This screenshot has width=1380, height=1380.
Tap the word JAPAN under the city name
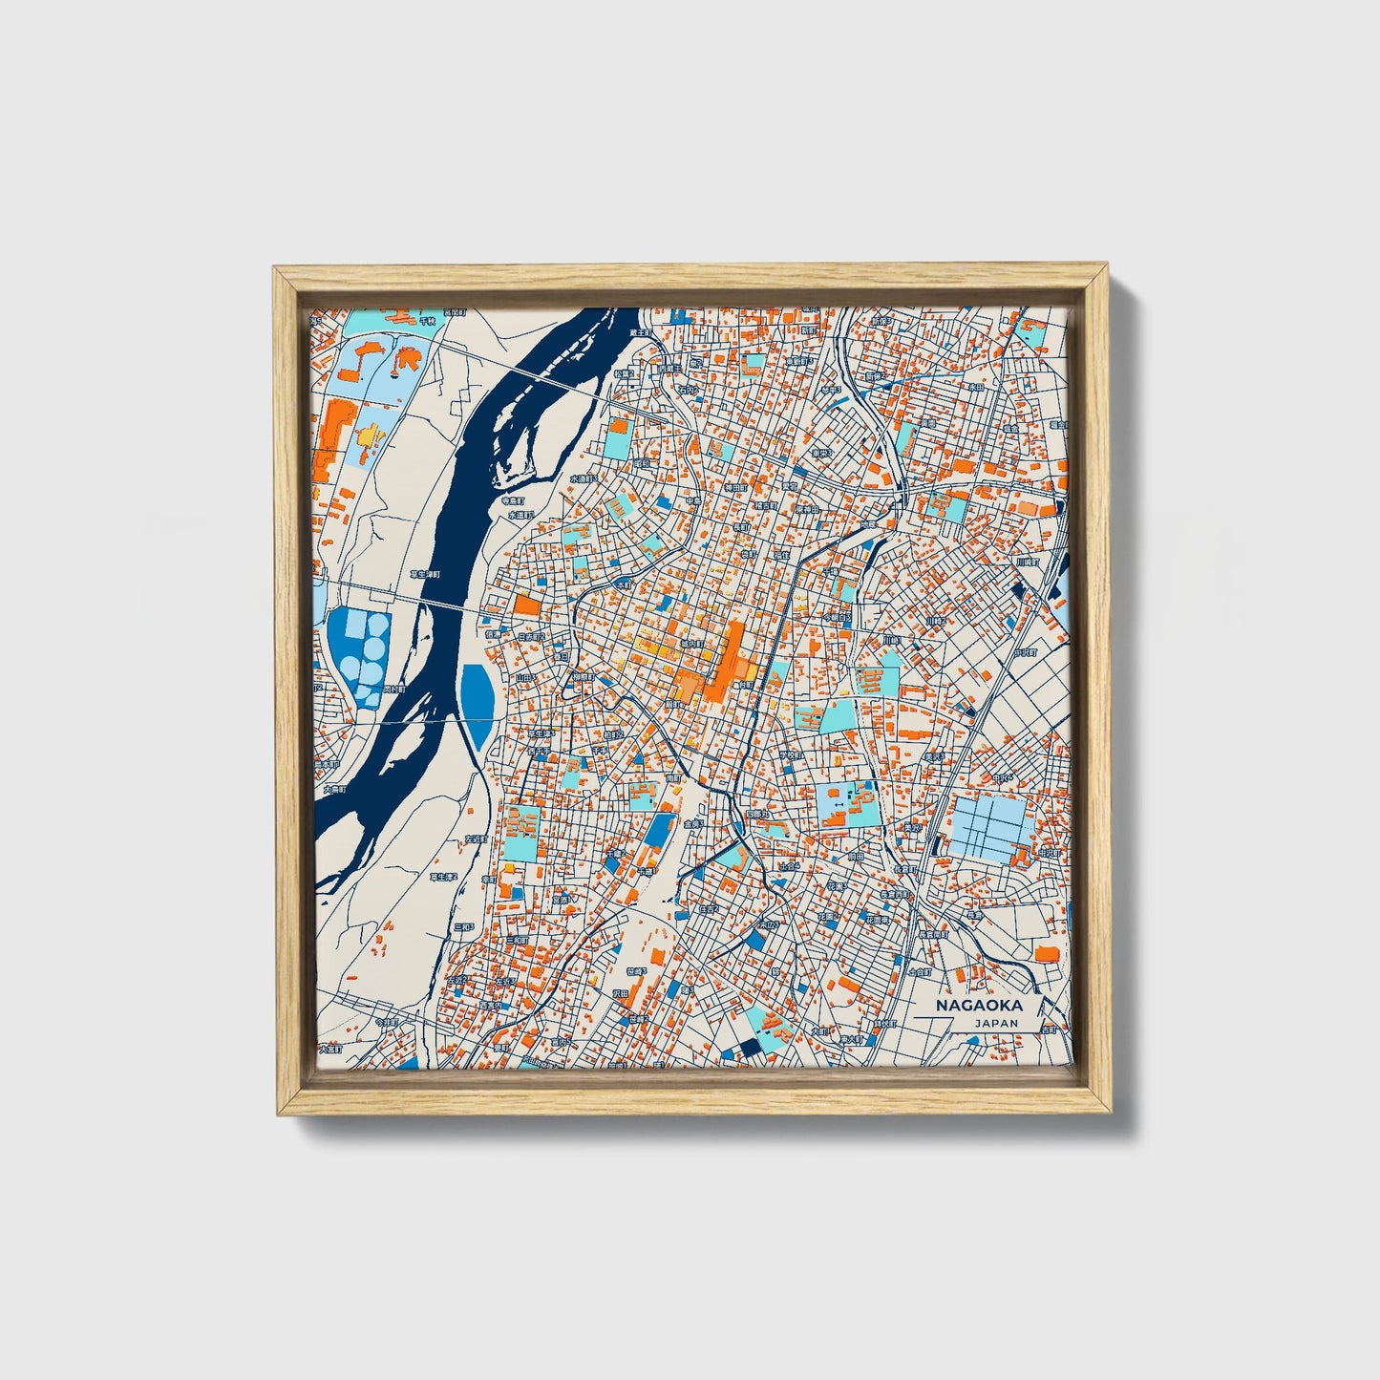pos(996,1023)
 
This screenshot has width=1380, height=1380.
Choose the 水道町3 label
pos(584,478)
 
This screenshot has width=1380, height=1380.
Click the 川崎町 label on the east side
pos(1027,563)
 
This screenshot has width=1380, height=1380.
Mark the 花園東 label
pos(877,920)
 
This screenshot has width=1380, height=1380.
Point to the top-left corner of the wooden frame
pos(275,269)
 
